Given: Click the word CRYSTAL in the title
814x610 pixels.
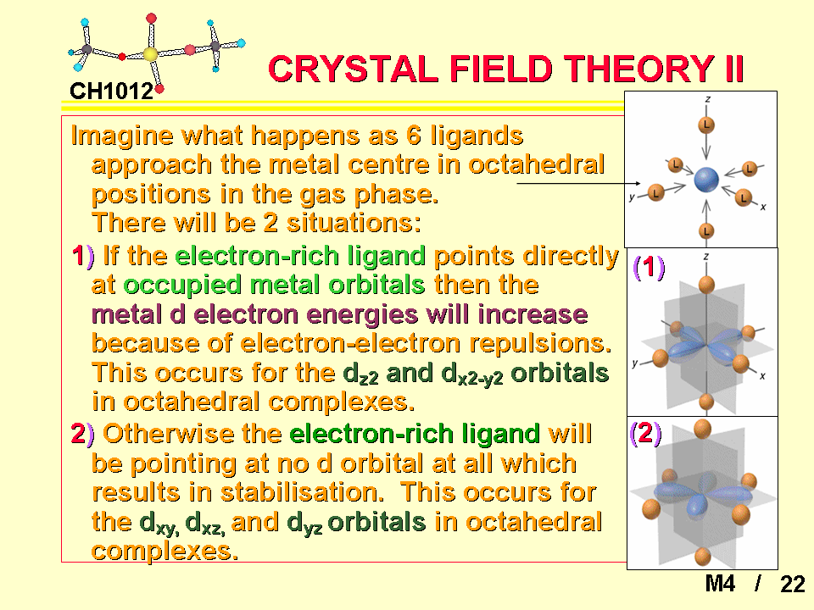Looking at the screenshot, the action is pos(353,69).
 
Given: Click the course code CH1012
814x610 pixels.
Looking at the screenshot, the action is pos(112,91).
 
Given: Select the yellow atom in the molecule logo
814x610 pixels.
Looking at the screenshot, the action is pos(150,54).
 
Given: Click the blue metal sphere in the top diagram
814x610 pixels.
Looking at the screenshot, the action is pos(706,180).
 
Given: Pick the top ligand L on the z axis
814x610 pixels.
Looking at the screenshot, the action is pos(706,125).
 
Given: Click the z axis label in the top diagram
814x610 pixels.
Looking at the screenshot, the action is pos(707,98).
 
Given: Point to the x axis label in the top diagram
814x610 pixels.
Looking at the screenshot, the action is pos(763,207).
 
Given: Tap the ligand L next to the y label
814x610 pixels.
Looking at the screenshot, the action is pos(655,193).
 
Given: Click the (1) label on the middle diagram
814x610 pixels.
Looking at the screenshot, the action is pos(649,267).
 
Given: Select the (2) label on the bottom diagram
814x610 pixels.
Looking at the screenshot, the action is pos(645,433).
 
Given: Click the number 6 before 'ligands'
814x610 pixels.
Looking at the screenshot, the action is pos(414,136).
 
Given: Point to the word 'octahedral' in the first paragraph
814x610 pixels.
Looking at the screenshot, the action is pos(536,164).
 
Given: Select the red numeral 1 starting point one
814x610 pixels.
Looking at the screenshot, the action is pos(78,256).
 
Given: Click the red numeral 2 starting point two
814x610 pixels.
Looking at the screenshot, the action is pos(78,434).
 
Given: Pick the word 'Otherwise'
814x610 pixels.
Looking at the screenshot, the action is pos(168,434).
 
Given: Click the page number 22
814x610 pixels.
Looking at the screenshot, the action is pos(793,584).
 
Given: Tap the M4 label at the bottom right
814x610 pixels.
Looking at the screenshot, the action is pos(720,584).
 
